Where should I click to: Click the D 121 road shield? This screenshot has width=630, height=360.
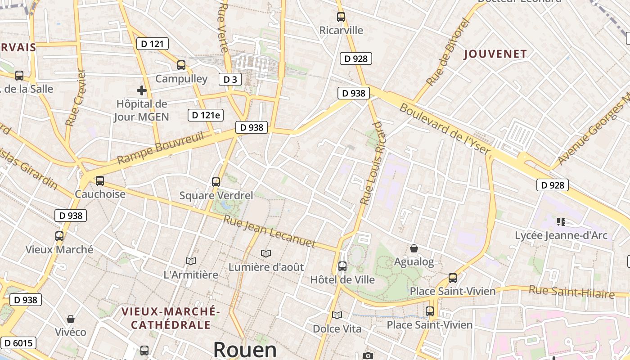tap(153, 44)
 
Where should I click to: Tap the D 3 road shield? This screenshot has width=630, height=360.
tap(230, 80)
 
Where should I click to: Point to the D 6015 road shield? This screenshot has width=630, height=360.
tap(18, 343)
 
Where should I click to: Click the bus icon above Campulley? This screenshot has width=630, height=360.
tap(181, 65)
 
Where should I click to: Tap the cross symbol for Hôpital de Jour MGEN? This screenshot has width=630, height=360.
tap(142, 90)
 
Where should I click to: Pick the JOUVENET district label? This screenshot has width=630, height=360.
tap(495, 54)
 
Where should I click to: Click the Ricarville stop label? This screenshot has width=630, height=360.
tap(341, 30)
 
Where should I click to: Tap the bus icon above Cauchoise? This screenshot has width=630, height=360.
tap(100, 181)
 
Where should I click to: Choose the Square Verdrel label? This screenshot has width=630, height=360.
tap(216, 196)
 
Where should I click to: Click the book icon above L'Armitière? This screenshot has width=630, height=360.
tap(191, 261)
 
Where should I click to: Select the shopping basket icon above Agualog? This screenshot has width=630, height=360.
tap(414, 248)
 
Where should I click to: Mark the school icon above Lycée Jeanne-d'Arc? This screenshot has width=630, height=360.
tap(561, 221)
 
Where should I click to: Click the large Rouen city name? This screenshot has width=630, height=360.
tap(245, 350)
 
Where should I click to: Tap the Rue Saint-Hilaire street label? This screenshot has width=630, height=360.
tap(571, 292)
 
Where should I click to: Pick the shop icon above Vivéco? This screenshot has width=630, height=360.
tap(71, 319)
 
